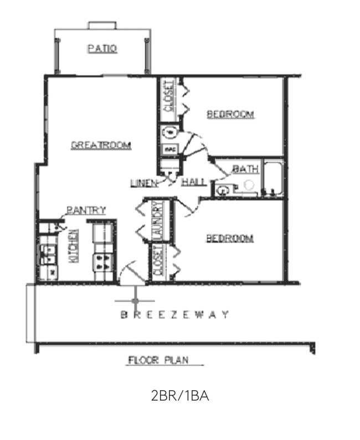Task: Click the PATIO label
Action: point(102,49)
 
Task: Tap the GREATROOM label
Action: point(101,145)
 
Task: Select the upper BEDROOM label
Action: point(230,114)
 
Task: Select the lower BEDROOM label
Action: point(230,238)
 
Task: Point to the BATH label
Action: point(245,169)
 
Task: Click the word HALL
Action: point(193,182)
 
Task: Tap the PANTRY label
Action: point(86,210)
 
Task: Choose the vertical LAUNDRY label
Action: point(158,221)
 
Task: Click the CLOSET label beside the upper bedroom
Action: point(169,95)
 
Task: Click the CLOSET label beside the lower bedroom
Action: point(159,261)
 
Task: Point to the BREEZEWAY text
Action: point(175,315)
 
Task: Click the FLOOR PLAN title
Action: point(158,360)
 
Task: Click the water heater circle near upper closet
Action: point(170,132)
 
